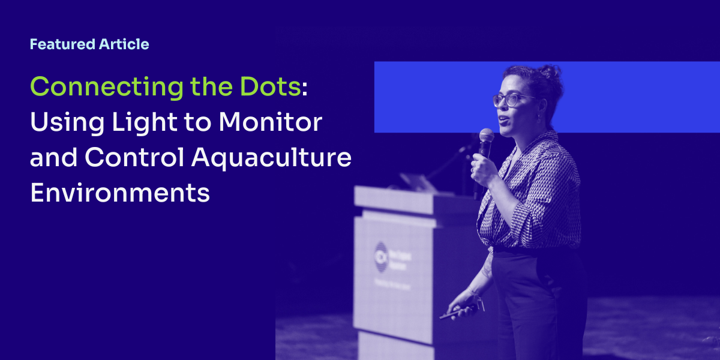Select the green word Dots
[x=272, y=87]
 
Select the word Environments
[x=120, y=193]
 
